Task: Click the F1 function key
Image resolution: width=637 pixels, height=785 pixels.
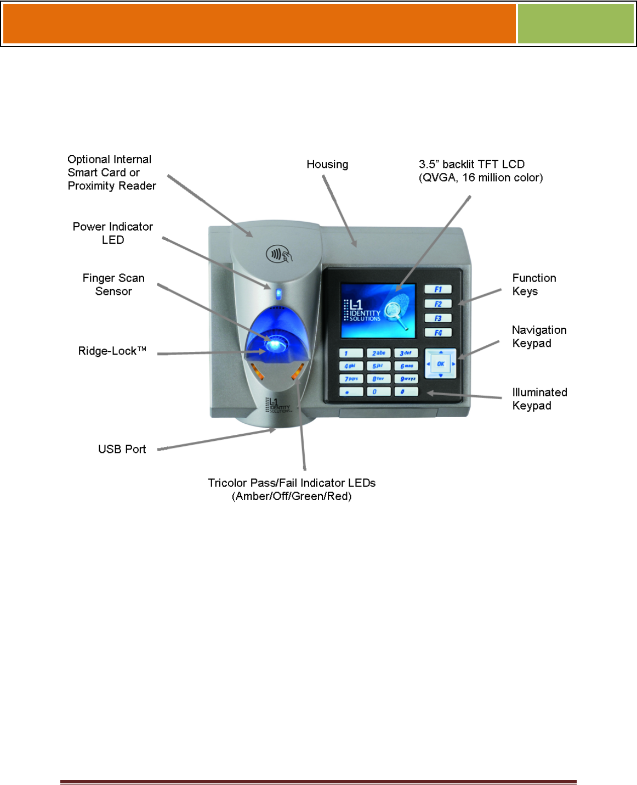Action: pos(438,289)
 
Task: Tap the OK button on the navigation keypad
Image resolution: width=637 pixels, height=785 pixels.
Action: pos(440,363)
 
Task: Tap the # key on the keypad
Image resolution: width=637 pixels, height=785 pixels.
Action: pos(406,391)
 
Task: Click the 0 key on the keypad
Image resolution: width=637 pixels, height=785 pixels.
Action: pos(378,391)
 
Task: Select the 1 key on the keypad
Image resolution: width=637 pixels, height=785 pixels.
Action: pos(351,353)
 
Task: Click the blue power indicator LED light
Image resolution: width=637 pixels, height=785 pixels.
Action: pos(278,294)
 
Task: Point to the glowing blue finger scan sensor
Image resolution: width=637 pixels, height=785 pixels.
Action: pos(276,344)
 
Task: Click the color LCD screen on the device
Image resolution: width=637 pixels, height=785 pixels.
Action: pos(378,311)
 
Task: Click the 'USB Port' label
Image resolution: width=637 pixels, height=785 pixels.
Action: pos(122,449)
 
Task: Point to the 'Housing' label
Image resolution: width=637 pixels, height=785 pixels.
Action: pos(327,164)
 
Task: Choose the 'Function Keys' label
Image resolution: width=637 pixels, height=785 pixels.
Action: pos(534,284)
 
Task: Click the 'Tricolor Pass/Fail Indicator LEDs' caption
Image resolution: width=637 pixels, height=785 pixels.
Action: pos(292,483)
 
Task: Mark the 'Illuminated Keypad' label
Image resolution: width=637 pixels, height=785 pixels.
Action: pos(539,399)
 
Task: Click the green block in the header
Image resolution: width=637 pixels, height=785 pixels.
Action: pos(576,24)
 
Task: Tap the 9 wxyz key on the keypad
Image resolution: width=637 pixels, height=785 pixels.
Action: pos(406,379)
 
